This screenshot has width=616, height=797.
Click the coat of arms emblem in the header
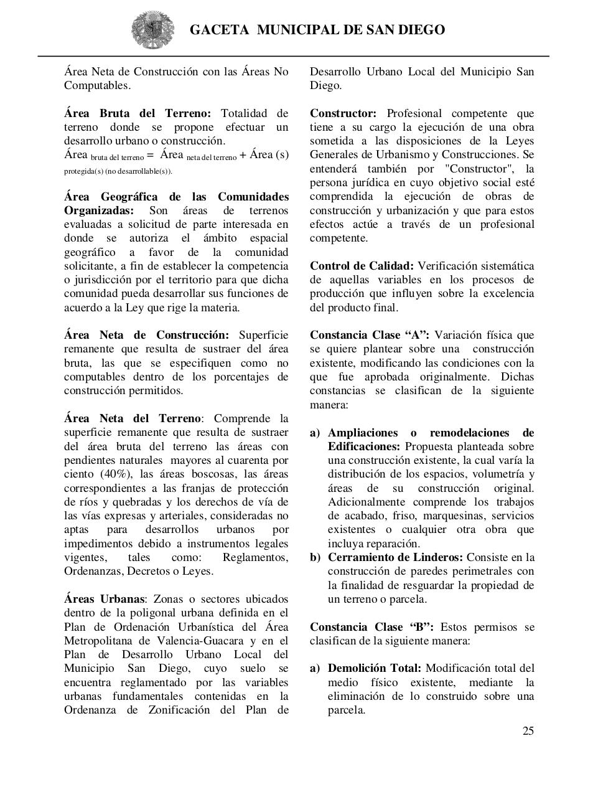pyautogui.click(x=148, y=29)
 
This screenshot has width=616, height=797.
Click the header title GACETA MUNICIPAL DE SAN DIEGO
pyautogui.click(x=317, y=30)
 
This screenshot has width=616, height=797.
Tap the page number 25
pyautogui.click(x=528, y=731)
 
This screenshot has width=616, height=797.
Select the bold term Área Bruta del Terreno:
pyautogui.click(x=138, y=113)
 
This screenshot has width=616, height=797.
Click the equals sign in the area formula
pyautogui.click(x=150, y=155)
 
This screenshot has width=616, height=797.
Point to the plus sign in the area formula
pyautogui.click(x=243, y=155)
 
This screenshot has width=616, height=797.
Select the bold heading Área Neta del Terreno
pyautogui.click(x=133, y=418)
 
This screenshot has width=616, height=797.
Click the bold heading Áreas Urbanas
pyautogui.click(x=104, y=599)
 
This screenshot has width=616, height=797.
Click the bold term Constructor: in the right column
pyautogui.click(x=343, y=113)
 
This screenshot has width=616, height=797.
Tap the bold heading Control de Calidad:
pyautogui.click(x=362, y=266)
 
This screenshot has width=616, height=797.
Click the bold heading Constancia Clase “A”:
pyautogui.click(x=370, y=335)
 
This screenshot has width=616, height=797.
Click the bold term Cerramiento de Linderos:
pyautogui.click(x=395, y=557)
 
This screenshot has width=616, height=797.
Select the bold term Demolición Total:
pyautogui.click(x=374, y=669)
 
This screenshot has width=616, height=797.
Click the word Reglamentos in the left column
pyautogui.click(x=255, y=557)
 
